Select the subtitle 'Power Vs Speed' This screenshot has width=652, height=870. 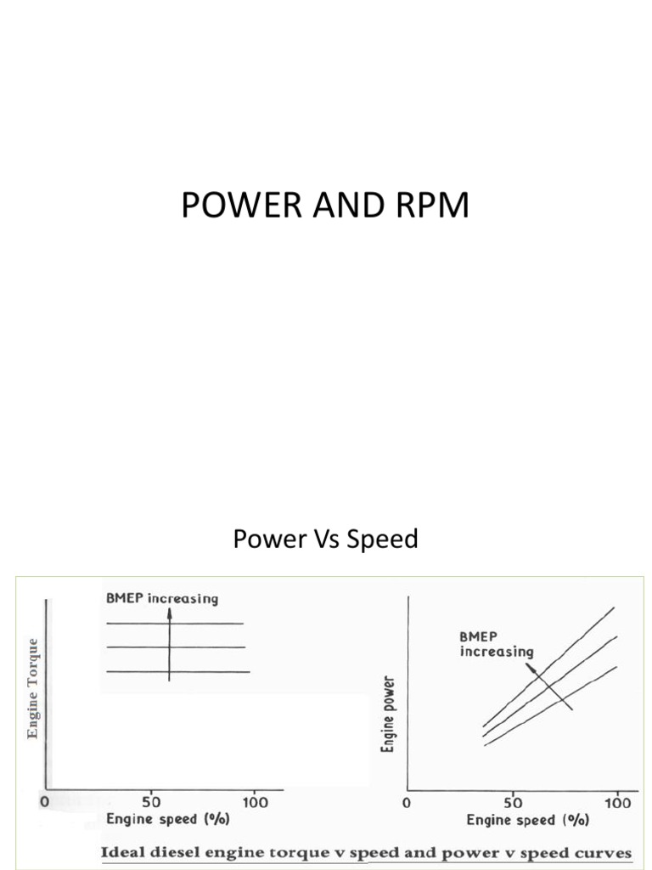tap(326, 539)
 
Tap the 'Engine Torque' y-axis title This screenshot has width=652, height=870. tap(33, 687)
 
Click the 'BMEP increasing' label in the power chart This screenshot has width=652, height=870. tap(497, 644)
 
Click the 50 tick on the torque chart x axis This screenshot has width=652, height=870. tap(150, 801)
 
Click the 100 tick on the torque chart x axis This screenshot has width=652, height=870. tap(255, 801)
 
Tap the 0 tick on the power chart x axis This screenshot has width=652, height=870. tap(407, 803)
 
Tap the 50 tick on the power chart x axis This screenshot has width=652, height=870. tap(513, 803)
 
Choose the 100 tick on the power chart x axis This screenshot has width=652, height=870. tap(617, 803)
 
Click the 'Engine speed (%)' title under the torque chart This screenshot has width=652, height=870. tap(167, 820)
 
